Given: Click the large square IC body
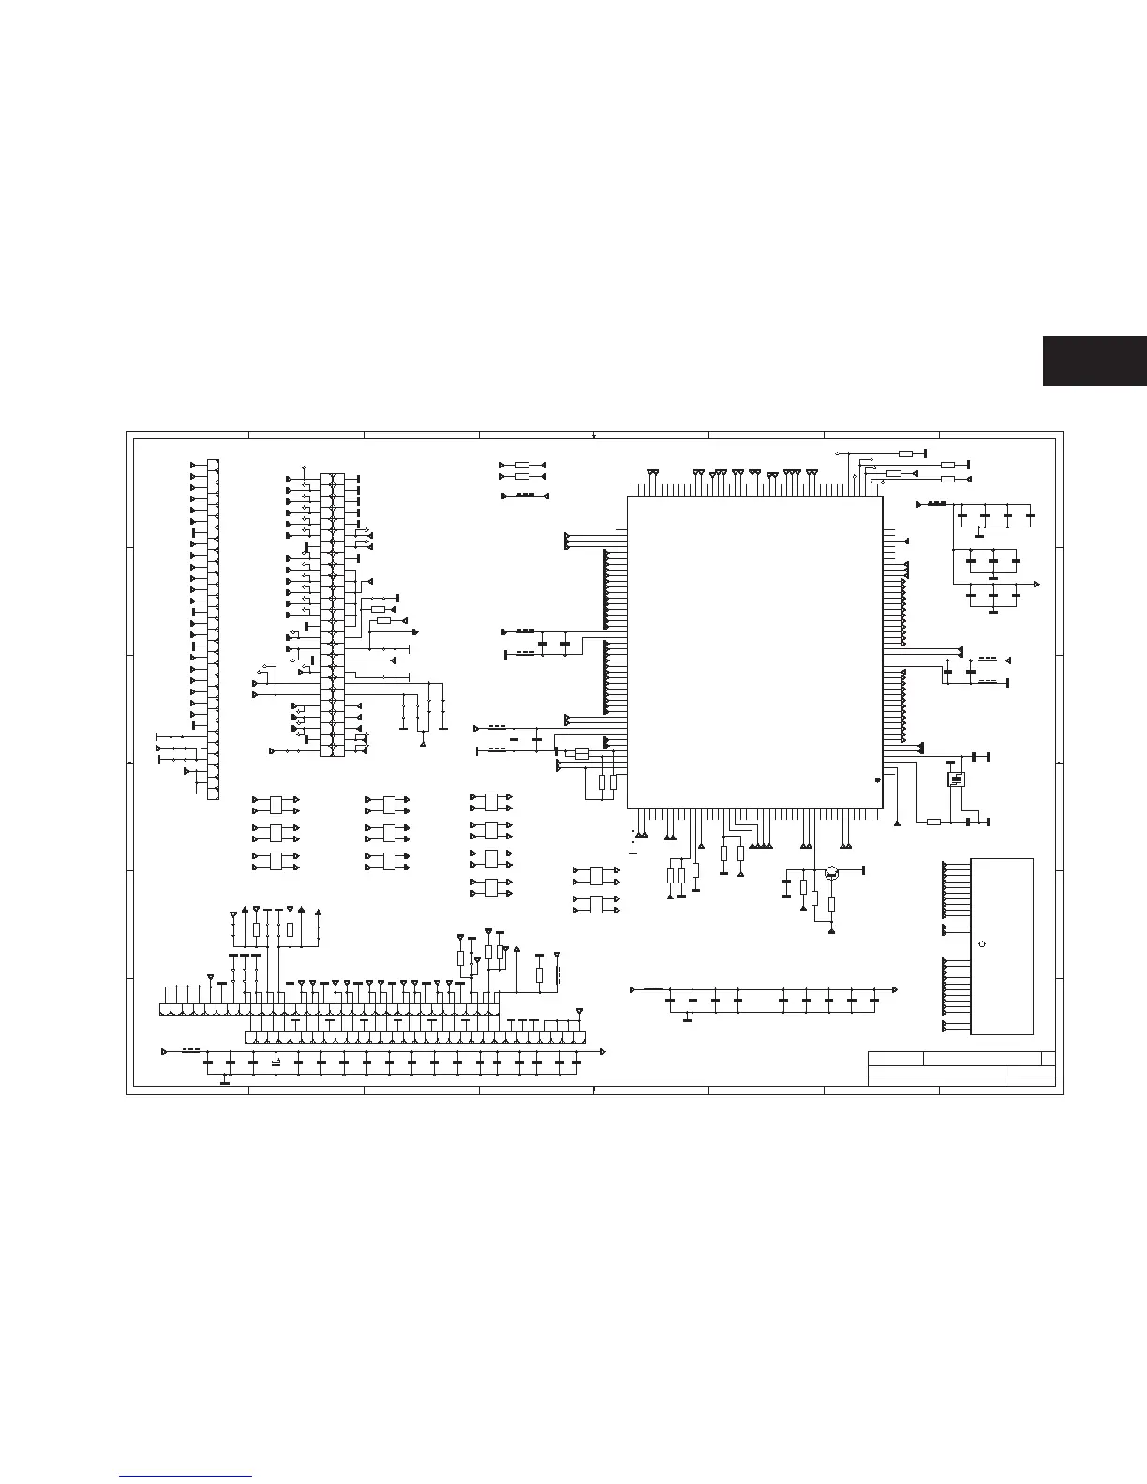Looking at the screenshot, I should pos(754,651).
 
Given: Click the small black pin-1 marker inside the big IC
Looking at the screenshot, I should pos(876,779).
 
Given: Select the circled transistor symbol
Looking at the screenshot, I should pos(831,873).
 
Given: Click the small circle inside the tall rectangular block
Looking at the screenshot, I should pos(981,943).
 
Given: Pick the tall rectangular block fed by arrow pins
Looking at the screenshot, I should pos(1001,946).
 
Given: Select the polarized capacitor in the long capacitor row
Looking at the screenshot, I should pos(276,1062).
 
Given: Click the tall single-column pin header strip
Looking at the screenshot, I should pos(213,629).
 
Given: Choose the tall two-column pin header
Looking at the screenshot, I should pos(332,615).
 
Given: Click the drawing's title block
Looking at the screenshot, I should pos(961,1069).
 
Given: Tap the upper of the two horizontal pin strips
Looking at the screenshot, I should pos(330,1010).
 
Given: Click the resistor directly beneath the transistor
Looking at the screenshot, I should pos(831,903).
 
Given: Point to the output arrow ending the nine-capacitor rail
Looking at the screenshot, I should pos(895,989).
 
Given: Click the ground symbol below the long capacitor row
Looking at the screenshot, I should pos(225,1084).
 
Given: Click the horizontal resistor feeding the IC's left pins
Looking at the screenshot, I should pos(581,753).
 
